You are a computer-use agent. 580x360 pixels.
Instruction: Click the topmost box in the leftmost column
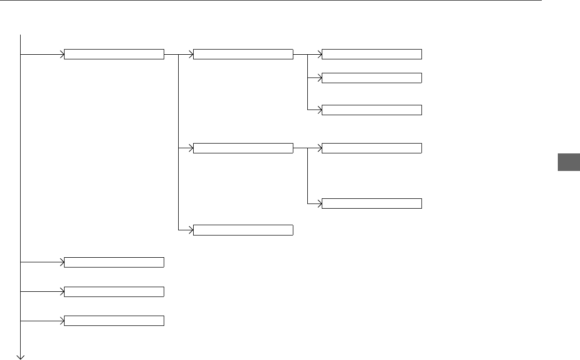(114, 54)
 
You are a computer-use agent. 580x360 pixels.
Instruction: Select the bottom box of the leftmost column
(114, 321)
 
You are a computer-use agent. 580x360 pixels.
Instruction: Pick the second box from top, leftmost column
(114, 262)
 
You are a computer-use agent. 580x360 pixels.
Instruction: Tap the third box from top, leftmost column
(114, 292)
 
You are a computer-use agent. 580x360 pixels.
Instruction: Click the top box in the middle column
(243, 54)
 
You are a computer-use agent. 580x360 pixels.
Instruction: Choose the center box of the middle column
(243, 149)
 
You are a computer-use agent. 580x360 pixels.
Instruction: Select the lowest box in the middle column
(243, 230)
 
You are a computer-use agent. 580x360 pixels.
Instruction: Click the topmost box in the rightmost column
(372, 54)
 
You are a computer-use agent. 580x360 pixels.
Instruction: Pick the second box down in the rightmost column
(372, 78)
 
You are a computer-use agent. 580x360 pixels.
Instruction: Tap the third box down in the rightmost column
(372, 109)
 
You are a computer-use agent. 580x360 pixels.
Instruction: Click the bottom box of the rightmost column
(372, 203)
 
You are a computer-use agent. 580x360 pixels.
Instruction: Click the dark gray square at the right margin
(569, 162)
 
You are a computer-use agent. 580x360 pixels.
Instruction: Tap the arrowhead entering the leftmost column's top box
(62, 54)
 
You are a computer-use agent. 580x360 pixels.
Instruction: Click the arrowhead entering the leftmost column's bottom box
(62, 321)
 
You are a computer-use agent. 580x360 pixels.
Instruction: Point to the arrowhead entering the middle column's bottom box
(191, 230)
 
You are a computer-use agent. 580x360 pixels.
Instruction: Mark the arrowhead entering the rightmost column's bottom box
(320, 203)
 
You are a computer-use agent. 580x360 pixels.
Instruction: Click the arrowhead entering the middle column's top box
(191, 54)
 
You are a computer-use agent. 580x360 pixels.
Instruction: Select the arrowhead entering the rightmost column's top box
(320, 54)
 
